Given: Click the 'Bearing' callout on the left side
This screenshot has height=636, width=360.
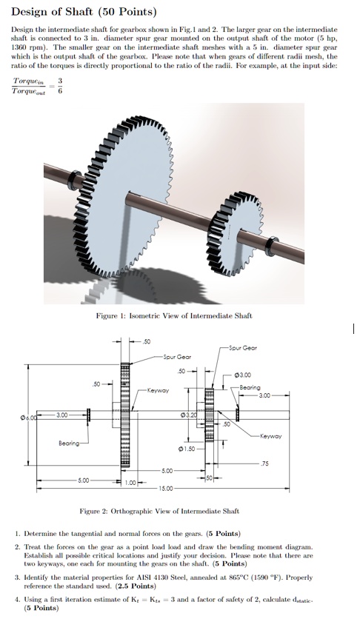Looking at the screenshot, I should click(71, 444).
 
